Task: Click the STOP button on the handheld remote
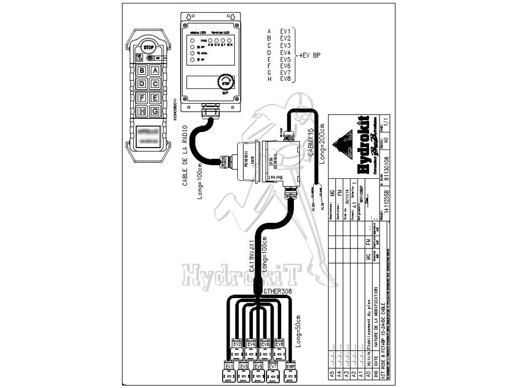(148, 47)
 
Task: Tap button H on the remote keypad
(142, 111)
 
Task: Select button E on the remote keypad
(155, 98)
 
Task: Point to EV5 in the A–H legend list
(285, 59)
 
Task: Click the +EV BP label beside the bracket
(309, 56)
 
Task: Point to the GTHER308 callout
(278, 292)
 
